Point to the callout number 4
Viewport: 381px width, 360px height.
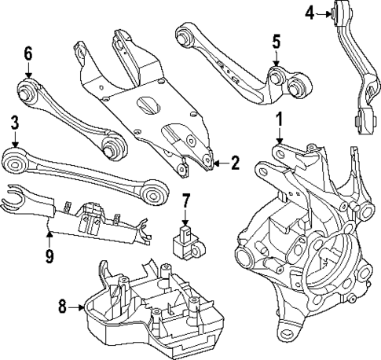[x=309, y=12]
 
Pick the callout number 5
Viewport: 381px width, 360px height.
[x=276, y=39]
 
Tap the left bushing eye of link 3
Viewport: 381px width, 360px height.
[x=16, y=163]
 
